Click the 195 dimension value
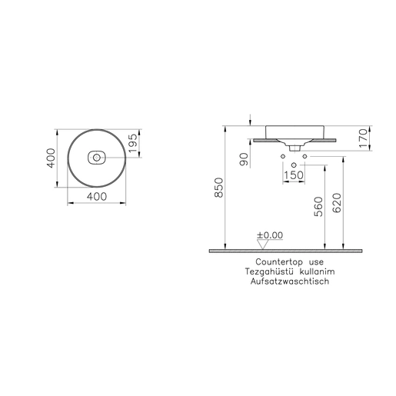coord(133,143)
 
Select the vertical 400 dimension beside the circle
coord(51,158)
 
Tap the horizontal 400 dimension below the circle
coord(97,197)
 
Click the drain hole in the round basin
coord(96,158)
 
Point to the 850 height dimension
coord(219,188)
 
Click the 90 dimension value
coord(245,159)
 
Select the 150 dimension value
coord(294,175)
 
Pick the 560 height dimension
coord(318,207)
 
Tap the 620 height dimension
coord(337,203)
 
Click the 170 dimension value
coord(364,138)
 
